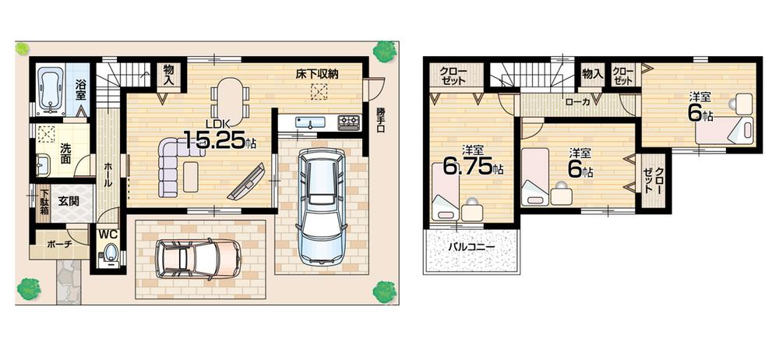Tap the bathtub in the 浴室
[50, 88]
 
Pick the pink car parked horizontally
[198, 257]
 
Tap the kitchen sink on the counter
[309, 123]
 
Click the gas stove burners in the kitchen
[347, 122]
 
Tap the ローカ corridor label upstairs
[576, 101]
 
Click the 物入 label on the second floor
[592, 74]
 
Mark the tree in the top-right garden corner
[383, 52]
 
